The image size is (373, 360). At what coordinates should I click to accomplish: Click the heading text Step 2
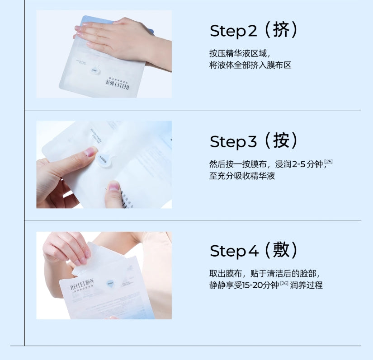pyautogui.click(x=240, y=31)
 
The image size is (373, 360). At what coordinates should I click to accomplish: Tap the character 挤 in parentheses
pyautogui.click(x=288, y=30)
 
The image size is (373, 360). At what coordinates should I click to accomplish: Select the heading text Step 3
pyautogui.click(x=240, y=141)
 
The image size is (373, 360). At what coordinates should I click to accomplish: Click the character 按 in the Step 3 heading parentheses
pyautogui.click(x=288, y=140)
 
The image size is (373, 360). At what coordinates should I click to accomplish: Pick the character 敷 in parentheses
pyautogui.click(x=288, y=250)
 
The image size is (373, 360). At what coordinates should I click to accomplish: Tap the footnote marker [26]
pyautogui.click(x=284, y=283)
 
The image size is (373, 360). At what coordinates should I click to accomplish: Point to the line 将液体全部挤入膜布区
pyautogui.click(x=250, y=65)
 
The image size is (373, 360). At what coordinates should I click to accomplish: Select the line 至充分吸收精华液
pyautogui.click(x=242, y=176)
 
